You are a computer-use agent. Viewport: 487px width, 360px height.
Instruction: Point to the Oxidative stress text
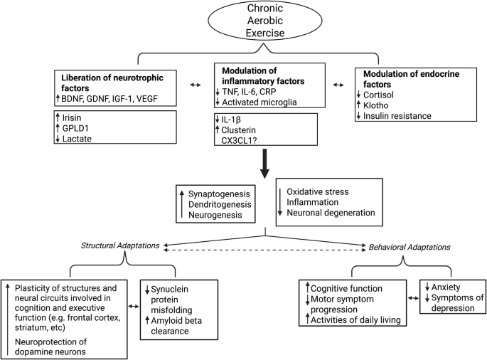tap(318, 192)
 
